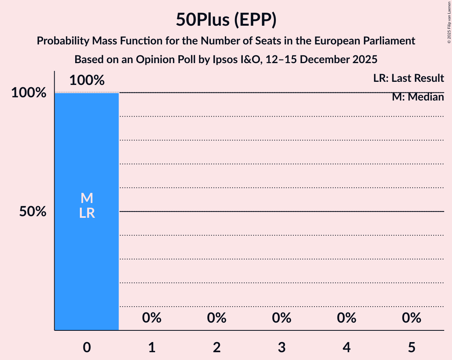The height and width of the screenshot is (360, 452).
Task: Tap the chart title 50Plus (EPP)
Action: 226,19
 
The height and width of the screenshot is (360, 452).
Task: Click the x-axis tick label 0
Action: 87,347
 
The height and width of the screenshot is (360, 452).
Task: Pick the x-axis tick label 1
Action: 152,347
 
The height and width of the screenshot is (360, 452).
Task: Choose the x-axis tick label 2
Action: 217,347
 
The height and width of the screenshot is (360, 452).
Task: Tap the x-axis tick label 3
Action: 282,347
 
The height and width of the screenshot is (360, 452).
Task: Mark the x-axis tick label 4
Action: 347,347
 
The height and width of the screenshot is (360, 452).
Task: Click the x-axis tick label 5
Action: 412,347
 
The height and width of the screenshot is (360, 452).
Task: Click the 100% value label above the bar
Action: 87,81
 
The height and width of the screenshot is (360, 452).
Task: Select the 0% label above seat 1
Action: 152,318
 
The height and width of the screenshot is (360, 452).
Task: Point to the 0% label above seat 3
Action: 282,318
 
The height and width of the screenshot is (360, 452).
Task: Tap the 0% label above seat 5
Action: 412,318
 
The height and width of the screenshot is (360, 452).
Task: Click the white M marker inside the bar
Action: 87,198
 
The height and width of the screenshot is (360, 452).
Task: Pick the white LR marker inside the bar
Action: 87,213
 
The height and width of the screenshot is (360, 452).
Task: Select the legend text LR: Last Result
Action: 408,78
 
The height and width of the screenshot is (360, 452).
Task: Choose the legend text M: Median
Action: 418,97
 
